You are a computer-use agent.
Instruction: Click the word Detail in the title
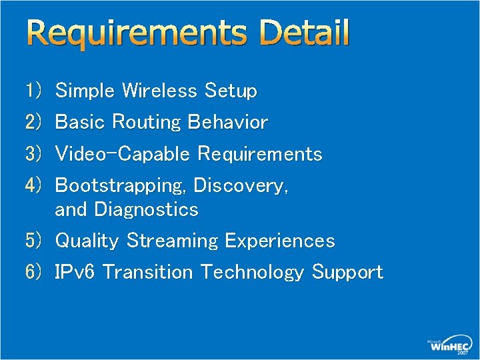[305, 33]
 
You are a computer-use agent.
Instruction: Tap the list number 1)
[34, 91]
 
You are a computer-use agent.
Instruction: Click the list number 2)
[34, 122]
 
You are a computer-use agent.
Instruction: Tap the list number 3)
[34, 154]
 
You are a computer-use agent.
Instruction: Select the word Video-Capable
[123, 154]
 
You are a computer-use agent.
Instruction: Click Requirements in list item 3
[260, 155]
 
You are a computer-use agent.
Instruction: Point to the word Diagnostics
[147, 209]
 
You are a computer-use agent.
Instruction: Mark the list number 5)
[34, 241]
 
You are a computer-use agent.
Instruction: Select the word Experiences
[280, 241]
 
